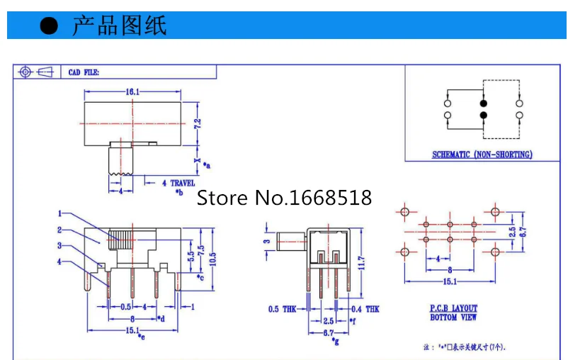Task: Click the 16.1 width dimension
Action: pyautogui.click(x=132, y=91)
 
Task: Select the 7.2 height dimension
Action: pyautogui.click(x=198, y=123)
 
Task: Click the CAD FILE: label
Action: pyautogui.click(x=84, y=72)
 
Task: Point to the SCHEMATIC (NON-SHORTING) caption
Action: pyautogui.click(x=482, y=154)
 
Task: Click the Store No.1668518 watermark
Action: pyautogui.click(x=284, y=197)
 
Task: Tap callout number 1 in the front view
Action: pyautogui.click(x=61, y=213)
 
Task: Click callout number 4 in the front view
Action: pyautogui.click(x=61, y=262)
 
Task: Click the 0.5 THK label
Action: pyautogui.click(x=283, y=309)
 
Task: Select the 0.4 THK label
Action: pyautogui.click(x=365, y=309)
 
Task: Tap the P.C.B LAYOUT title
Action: pyautogui.click(x=454, y=308)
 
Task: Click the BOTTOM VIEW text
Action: pyautogui.click(x=453, y=317)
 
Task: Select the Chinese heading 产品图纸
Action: pyautogui.click(x=119, y=26)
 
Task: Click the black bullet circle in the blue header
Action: pyautogui.click(x=48, y=26)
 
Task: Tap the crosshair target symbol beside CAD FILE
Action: pyautogui.click(x=25, y=72)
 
